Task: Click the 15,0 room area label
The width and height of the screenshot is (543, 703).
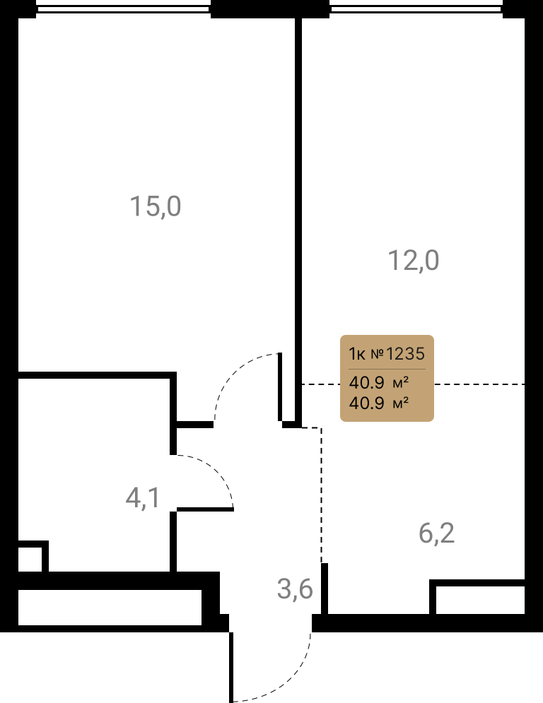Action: (156, 206)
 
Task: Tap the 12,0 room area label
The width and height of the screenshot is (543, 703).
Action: (414, 260)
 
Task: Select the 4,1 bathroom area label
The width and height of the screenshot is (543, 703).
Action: (143, 497)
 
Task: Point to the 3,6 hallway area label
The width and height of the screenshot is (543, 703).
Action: (295, 589)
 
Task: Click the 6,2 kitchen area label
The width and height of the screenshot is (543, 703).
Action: (437, 533)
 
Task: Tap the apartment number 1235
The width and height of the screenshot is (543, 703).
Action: (405, 354)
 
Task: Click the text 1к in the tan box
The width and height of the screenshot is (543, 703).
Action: (357, 354)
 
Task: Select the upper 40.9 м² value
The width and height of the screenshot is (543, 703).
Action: (379, 382)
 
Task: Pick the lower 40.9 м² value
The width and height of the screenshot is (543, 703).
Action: (379, 403)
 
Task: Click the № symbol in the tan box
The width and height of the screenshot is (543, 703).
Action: (377, 354)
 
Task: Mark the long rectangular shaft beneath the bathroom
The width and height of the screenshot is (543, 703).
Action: (110, 607)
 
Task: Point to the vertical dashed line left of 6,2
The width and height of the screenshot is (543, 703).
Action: (321, 495)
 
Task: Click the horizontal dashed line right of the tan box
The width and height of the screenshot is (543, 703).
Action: (479, 384)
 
